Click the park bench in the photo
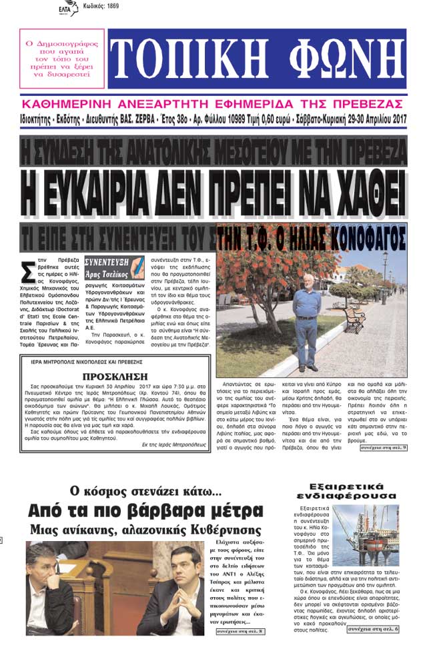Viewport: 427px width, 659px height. [353, 319]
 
